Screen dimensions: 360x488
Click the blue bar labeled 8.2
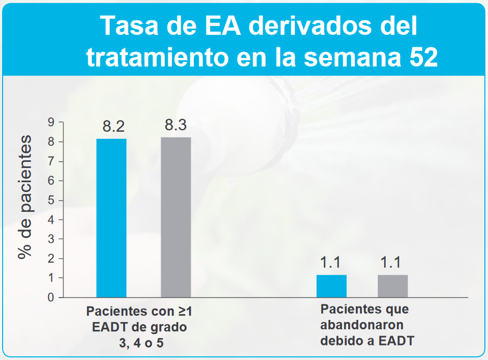[x=111, y=218]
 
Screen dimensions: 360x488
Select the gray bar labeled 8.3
[x=176, y=217]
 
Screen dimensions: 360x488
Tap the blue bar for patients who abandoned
[x=331, y=286]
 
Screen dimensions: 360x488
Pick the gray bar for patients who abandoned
[x=392, y=286]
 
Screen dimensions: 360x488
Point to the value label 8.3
[x=176, y=125]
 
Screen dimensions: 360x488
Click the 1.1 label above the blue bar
[x=331, y=263]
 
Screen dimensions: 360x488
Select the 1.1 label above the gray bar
[x=390, y=263]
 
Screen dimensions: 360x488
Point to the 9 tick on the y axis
[x=51, y=122]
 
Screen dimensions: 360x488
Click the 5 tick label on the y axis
[x=51, y=200]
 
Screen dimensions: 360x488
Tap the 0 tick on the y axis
[x=51, y=298]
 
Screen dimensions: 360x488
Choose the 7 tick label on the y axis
[x=51, y=161]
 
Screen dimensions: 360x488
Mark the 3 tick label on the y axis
[x=51, y=239]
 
